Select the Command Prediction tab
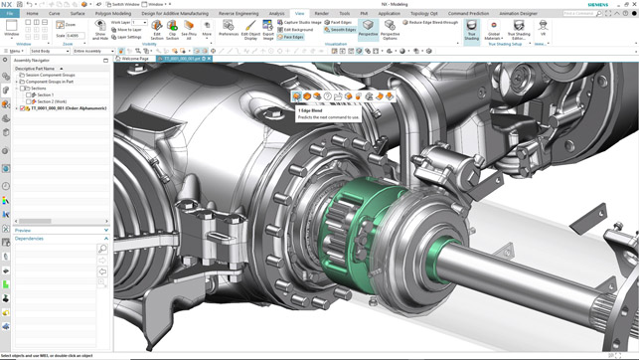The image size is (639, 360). tap(468, 14)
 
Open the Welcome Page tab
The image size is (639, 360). tap(135, 59)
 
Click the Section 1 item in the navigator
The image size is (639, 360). tap(45, 94)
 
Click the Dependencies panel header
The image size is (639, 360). tap(30, 239)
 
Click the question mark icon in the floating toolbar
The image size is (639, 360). tap(328, 96)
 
